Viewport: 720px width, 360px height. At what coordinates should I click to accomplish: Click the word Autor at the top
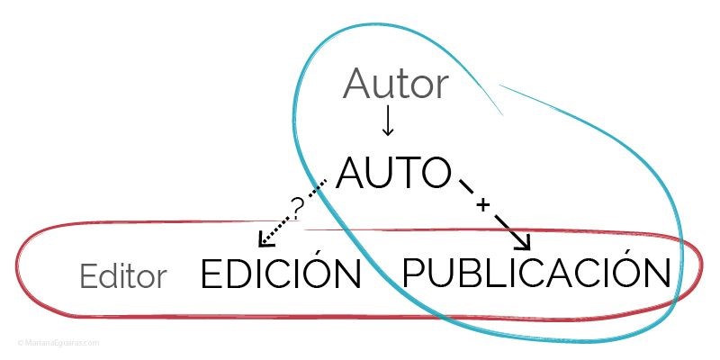click(x=395, y=85)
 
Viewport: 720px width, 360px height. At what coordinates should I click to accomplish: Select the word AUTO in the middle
click(x=393, y=173)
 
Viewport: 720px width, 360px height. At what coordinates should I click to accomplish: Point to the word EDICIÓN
click(x=280, y=274)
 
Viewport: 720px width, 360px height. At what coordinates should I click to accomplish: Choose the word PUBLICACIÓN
click(x=536, y=273)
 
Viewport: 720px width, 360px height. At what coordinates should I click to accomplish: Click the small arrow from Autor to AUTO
click(x=388, y=121)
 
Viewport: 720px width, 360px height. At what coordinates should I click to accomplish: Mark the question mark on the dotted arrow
click(x=298, y=206)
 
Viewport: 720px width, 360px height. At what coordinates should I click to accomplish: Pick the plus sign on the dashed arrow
click(x=482, y=205)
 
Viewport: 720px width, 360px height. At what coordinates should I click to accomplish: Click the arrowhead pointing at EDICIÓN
click(x=264, y=240)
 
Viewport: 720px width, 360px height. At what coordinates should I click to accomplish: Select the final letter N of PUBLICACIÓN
click(x=657, y=273)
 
